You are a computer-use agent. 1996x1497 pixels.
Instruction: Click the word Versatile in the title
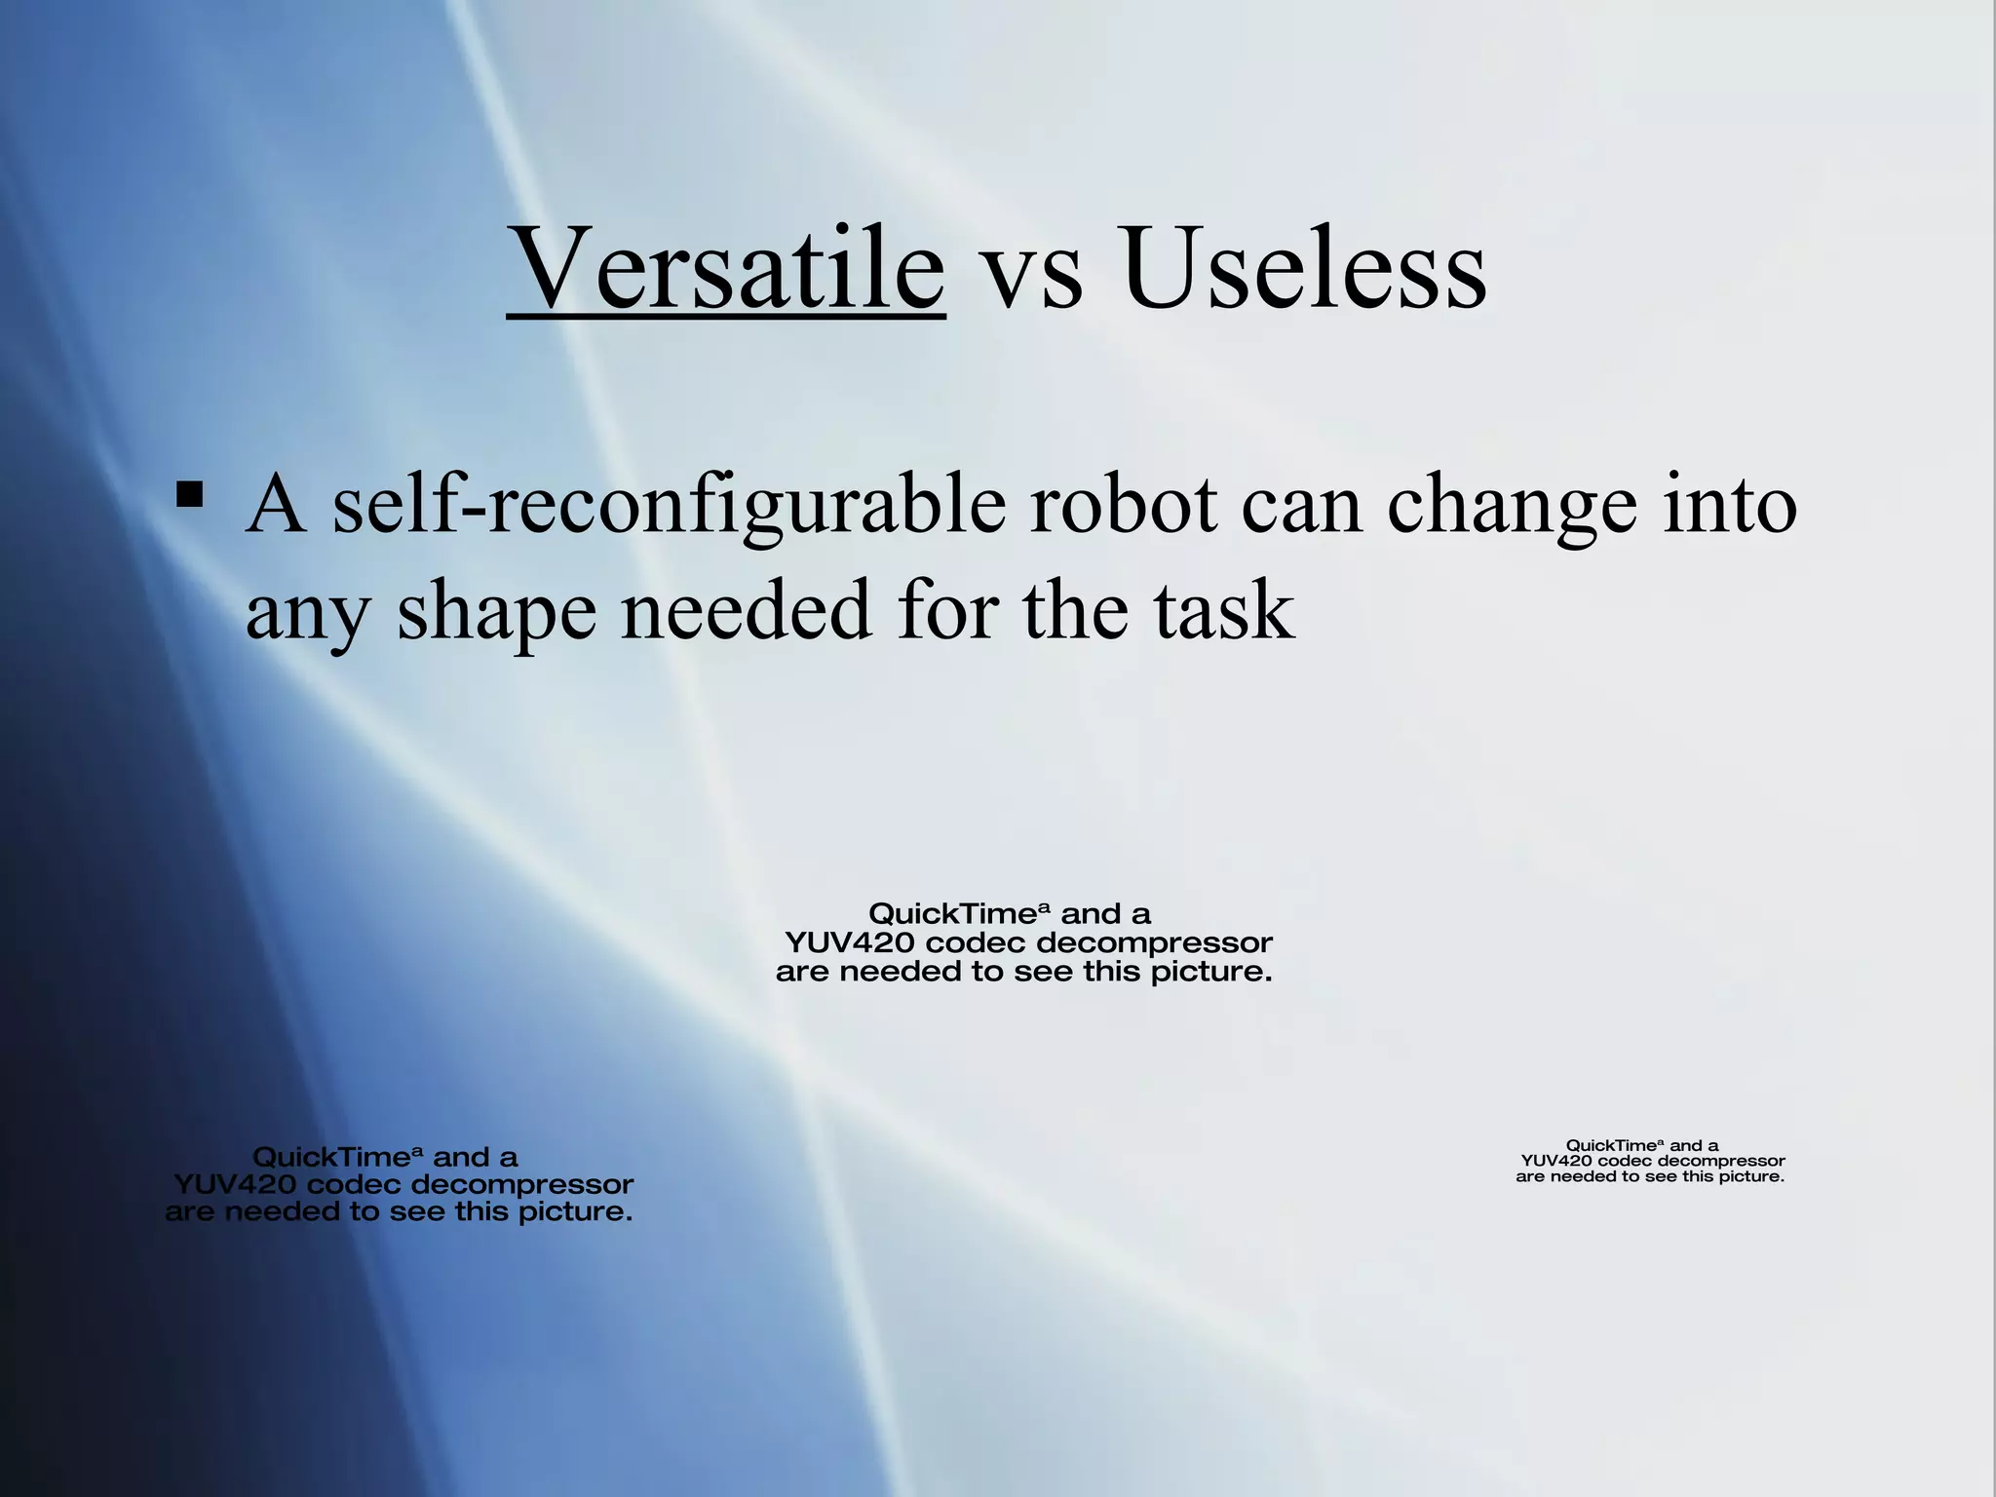[726, 268]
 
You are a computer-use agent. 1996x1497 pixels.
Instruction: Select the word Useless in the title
[1303, 268]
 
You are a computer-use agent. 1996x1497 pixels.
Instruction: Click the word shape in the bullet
[496, 614]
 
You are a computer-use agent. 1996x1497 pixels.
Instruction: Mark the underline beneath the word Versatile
[726, 315]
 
